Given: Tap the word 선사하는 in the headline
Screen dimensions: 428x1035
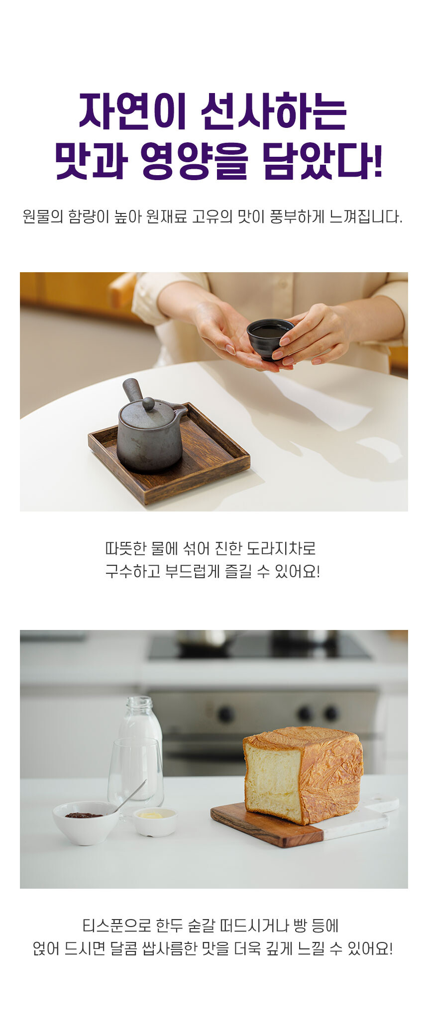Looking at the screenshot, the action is coord(274,111).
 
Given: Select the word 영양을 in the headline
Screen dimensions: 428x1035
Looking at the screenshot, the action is coord(194,161).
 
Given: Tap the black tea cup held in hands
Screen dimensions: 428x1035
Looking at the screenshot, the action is coord(270,338).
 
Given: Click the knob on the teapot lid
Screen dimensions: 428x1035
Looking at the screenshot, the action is coord(148,404).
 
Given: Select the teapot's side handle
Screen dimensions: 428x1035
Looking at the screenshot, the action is coord(133,390).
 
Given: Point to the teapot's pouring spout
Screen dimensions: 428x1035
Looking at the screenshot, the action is coord(180,411).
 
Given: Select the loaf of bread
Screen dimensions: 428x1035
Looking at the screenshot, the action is coord(304,775).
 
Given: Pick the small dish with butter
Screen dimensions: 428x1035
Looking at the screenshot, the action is coord(155,822).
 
